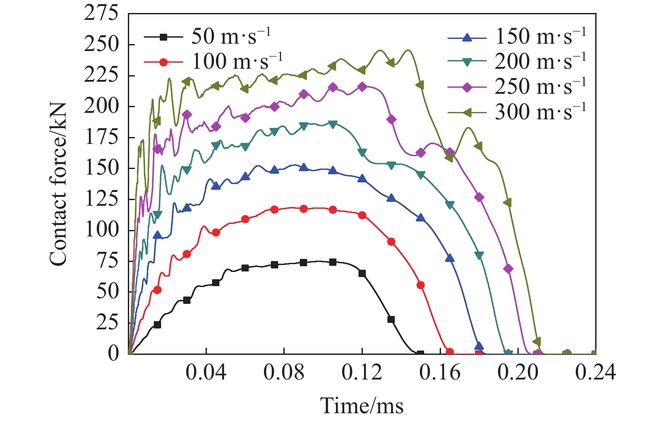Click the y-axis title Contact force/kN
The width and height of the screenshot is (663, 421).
click(x=58, y=184)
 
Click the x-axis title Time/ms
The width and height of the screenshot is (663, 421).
click(x=362, y=406)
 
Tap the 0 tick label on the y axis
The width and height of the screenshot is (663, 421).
click(x=113, y=354)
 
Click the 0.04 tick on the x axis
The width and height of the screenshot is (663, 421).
click(x=206, y=372)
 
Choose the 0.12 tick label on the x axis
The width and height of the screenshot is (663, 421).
click(x=362, y=372)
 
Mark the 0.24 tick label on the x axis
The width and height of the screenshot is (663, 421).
click(x=595, y=372)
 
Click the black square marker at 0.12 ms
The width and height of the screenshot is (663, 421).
click(x=362, y=273)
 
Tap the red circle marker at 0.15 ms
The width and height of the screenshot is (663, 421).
click(x=421, y=285)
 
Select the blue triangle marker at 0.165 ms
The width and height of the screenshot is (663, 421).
click(x=450, y=258)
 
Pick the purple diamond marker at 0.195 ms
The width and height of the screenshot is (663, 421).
click(x=508, y=269)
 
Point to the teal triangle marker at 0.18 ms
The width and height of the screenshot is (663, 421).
click(x=479, y=255)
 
